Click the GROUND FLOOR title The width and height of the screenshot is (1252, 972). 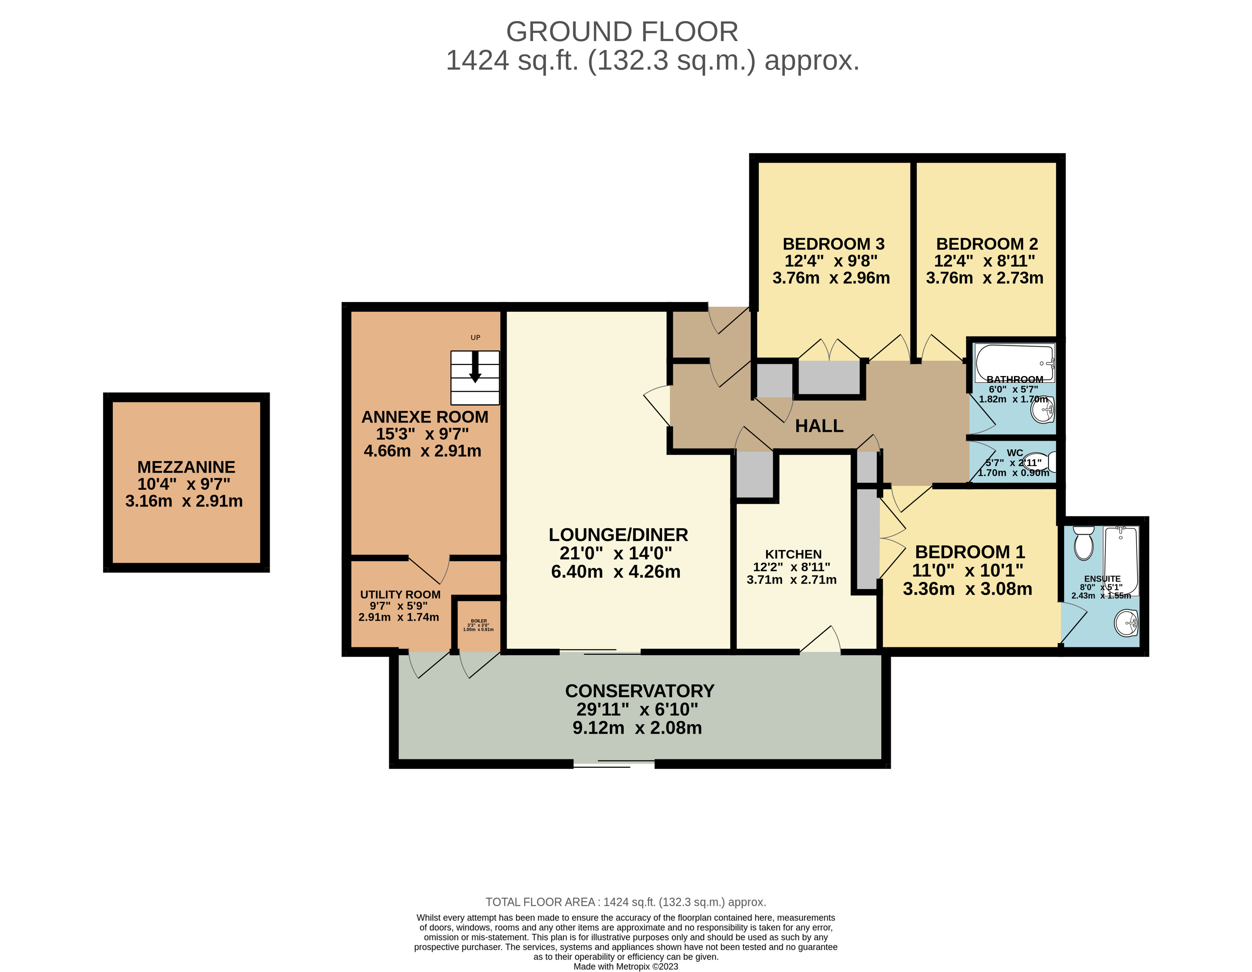tap(622, 31)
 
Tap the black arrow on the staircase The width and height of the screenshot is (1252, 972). tap(475, 367)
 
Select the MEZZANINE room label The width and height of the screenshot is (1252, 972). tap(186, 467)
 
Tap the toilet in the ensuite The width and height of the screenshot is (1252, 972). tap(1083, 542)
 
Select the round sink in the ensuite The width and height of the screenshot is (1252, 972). tap(1126, 623)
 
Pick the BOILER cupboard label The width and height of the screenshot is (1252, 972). tap(479, 621)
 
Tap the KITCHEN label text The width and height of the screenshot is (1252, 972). tap(793, 554)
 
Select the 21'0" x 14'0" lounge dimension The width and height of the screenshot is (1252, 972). tap(616, 553)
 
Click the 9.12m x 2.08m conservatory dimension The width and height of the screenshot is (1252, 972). tap(637, 728)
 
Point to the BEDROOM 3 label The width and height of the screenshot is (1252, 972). tap(834, 244)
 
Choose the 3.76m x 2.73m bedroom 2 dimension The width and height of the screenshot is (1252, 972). tap(984, 278)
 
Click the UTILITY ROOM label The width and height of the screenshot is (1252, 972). tap(400, 595)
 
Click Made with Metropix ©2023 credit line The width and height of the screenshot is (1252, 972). tap(625, 966)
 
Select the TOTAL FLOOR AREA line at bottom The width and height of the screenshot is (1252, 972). tap(625, 902)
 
